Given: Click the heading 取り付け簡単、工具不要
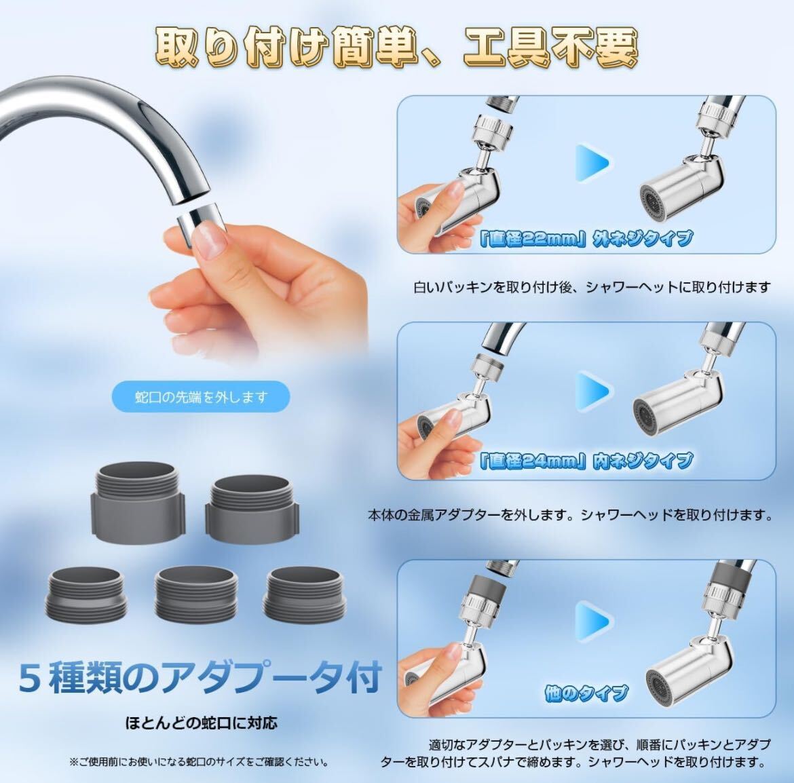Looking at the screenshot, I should [x=397, y=45].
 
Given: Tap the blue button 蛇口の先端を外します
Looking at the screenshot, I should [x=200, y=397].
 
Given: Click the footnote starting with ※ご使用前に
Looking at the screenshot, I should [x=199, y=761].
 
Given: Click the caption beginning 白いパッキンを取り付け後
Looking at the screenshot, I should [x=591, y=287].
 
